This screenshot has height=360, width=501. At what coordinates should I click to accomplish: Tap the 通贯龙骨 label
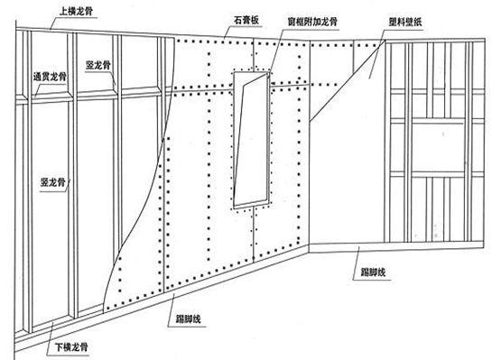(x=46, y=76)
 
